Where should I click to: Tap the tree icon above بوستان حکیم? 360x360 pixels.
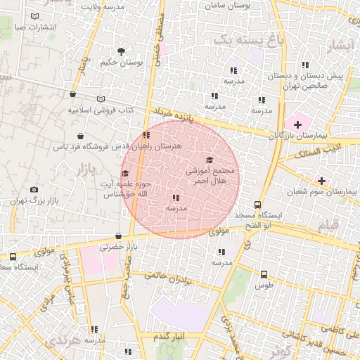click(x=122, y=51)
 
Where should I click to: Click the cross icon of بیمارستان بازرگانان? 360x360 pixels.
click(x=298, y=124)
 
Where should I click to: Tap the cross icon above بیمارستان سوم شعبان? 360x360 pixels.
click(x=322, y=181)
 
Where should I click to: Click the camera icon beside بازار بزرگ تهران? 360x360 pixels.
click(x=34, y=190)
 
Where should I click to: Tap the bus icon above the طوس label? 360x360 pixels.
click(x=264, y=275)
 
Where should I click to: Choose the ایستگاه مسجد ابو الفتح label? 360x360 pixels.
click(x=262, y=219)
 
